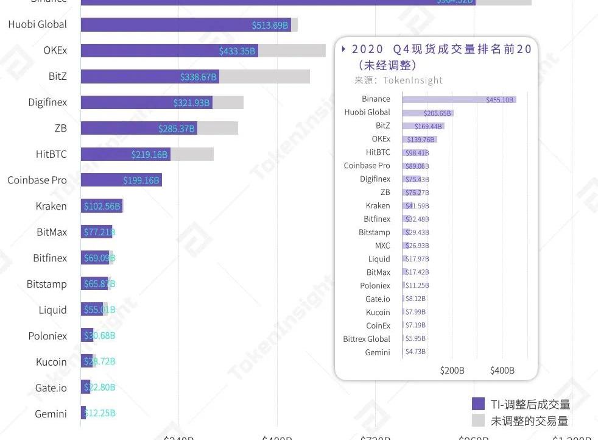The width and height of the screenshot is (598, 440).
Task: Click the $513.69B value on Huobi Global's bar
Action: (270, 25)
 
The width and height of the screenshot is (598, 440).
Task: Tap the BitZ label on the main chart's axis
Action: (58, 77)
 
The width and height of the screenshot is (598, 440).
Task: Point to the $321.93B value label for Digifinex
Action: (191, 103)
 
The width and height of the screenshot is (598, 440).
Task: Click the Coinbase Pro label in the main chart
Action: (37, 180)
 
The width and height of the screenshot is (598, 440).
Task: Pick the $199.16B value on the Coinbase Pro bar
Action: (141, 180)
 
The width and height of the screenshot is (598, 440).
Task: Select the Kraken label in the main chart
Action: (51, 207)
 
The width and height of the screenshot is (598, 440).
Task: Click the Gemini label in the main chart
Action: (51, 414)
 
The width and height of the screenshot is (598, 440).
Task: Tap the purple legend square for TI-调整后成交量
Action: (478, 404)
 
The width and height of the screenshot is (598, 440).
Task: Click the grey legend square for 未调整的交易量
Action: (478, 420)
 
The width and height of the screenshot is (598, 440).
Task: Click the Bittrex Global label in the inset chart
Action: (367, 339)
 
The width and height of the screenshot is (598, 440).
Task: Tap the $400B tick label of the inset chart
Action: (502, 371)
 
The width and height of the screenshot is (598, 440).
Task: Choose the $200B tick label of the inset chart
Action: (452, 371)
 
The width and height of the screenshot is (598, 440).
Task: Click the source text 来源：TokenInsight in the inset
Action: (398, 80)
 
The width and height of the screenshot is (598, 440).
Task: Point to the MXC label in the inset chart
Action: (382, 246)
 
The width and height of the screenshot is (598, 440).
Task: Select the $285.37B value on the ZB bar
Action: (176, 129)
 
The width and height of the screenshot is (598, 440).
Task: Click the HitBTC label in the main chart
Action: (51, 155)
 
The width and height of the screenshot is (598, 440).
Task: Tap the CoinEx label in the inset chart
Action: (378, 326)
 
